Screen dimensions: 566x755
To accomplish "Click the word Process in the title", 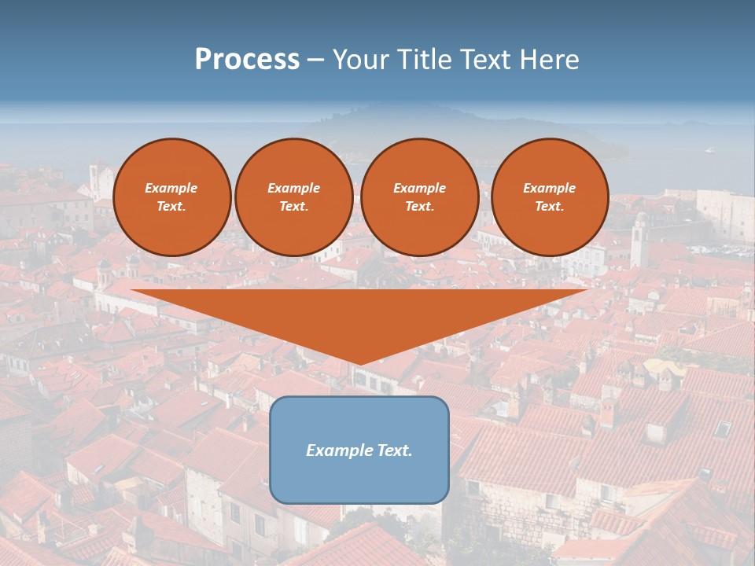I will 247,60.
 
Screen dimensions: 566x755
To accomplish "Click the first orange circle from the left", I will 172,197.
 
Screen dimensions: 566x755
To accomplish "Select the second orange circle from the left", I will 294,197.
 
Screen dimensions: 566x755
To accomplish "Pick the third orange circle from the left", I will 420,197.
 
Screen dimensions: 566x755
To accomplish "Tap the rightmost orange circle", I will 550,197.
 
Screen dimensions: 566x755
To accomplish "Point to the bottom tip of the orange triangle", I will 359,364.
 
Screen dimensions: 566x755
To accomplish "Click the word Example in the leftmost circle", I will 171,188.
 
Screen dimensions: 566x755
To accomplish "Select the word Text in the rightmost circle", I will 549,207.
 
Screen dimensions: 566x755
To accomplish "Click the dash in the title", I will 316,60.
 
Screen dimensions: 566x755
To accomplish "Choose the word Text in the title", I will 483,60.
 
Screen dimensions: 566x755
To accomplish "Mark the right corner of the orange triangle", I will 586,291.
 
